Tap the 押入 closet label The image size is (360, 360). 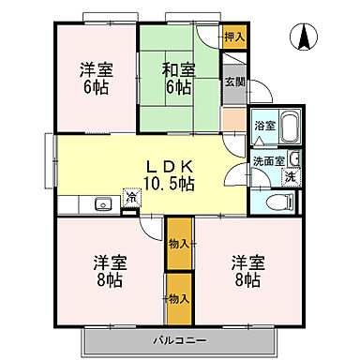[234, 37]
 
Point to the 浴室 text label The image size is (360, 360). [265, 126]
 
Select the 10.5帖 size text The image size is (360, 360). [169, 184]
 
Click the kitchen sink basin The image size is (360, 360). [101, 203]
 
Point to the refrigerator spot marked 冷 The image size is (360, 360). [132, 198]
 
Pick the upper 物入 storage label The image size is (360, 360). [178, 244]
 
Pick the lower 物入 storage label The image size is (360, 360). [178, 298]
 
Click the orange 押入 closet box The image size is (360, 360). [234, 37]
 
